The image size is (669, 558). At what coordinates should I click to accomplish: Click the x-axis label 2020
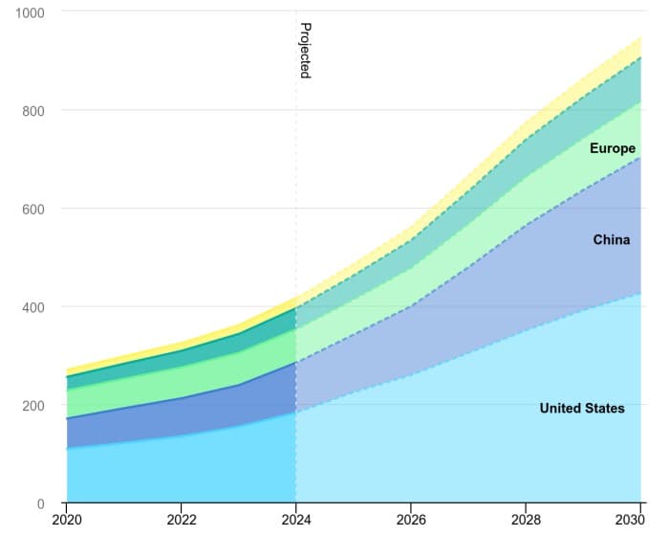(x=66, y=520)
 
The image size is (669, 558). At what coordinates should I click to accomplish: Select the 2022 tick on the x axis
(x=181, y=520)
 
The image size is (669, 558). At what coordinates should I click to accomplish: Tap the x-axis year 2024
(x=295, y=520)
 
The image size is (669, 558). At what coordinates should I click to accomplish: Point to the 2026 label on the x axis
(x=410, y=520)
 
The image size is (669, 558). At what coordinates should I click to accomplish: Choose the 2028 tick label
(x=525, y=520)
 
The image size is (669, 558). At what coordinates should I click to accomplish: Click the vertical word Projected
(x=305, y=50)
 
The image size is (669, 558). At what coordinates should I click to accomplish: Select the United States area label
(x=582, y=409)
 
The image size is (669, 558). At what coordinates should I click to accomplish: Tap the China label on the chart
(x=612, y=239)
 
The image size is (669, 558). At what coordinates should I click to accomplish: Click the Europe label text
(x=613, y=148)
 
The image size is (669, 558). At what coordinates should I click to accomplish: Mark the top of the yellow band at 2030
(x=639, y=37)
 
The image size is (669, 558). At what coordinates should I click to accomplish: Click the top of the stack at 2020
(x=66, y=368)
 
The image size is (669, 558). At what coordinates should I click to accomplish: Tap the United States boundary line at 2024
(x=295, y=413)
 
